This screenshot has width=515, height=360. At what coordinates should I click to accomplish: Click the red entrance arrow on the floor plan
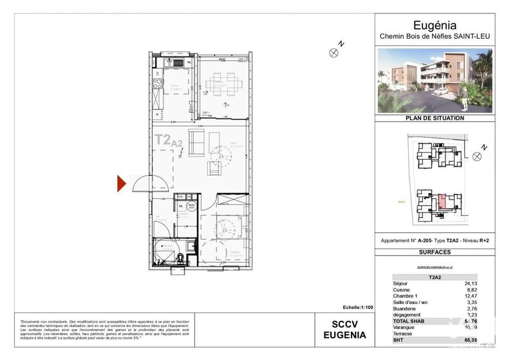click(x=121, y=184)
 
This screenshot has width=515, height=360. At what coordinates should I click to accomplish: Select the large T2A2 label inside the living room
click(x=169, y=140)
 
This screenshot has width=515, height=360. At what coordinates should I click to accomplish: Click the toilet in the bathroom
click(x=182, y=258)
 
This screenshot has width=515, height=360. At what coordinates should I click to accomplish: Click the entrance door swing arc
click(x=143, y=184)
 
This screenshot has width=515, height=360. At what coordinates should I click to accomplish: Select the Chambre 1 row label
click(x=406, y=296)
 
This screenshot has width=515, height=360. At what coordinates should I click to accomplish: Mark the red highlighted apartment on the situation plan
click(x=444, y=204)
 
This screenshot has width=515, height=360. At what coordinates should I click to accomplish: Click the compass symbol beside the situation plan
click(x=476, y=156)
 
